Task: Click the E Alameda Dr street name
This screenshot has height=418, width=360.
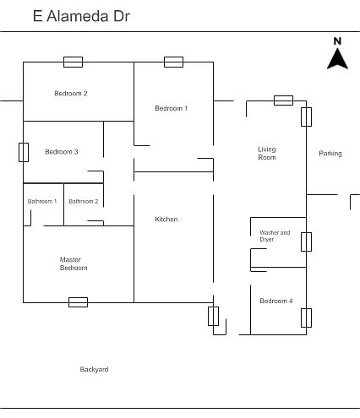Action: click(x=81, y=16)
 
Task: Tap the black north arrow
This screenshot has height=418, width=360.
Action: click(x=337, y=59)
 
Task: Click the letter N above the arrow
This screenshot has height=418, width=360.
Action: click(x=337, y=41)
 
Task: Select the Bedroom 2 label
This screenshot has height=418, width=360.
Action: click(x=71, y=94)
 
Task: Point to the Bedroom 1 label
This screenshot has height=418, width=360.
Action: click(x=172, y=108)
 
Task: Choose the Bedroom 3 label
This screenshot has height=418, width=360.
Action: click(x=62, y=152)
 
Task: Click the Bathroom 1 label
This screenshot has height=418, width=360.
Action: click(x=42, y=201)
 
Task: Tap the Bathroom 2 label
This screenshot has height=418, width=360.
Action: click(x=84, y=201)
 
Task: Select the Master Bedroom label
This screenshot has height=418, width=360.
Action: click(x=74, y=263)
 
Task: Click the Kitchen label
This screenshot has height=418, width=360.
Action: click(x=166, y=220)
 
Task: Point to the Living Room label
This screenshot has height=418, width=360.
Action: click(x=267, y=154)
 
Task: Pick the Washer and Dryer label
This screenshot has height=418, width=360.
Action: click(x=275, y=236)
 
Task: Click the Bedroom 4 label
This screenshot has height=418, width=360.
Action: click(x=276, y=301)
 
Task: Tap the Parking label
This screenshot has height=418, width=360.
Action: click(x=330, y=154)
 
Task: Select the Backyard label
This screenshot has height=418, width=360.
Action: click(x=94, y=369)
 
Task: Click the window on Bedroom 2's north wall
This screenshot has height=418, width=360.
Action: click(x=73, y=62)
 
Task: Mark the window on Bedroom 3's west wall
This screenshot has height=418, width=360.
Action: click(x=24, y=152)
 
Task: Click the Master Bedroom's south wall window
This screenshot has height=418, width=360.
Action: click(x=78, y=302)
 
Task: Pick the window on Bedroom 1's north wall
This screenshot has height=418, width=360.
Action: click(x=173, y=62)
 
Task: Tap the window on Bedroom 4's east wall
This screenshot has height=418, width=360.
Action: click(x=306, y=318)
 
